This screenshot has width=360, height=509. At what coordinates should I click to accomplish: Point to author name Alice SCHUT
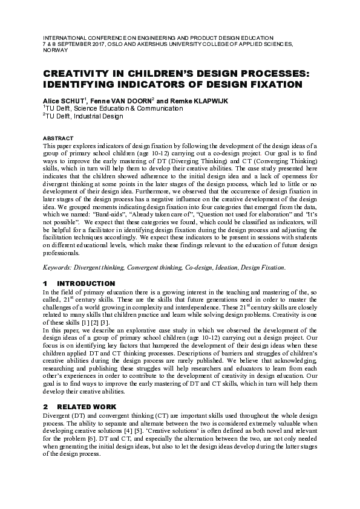coord(63,99)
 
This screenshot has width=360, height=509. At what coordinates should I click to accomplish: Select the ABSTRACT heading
coord(58,138)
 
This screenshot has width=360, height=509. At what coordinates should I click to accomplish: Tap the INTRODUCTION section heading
coord(85,284)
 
